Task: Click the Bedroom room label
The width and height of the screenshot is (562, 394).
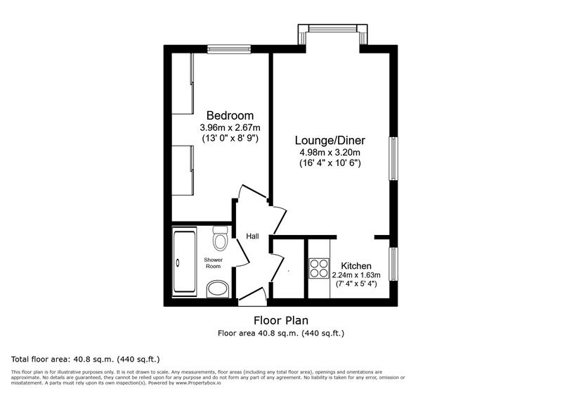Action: (x=230, y=115)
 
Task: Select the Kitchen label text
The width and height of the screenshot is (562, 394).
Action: (x=356, y=265)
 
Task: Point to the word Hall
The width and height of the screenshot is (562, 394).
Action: (x=252, y=236)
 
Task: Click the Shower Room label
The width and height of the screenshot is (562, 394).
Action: (x=213, y=263)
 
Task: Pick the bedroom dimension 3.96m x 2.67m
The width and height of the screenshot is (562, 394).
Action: (x=230, y=127)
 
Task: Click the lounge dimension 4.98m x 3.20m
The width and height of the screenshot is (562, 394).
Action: (x=329, y=152)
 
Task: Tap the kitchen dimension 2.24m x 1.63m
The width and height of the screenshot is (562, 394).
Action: (x=356, y=275)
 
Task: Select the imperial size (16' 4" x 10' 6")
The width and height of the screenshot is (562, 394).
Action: (x=329, y=163)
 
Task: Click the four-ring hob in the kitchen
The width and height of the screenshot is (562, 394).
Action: (x=319, y=269)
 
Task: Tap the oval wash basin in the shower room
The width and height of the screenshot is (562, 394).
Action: (x=218, y=288)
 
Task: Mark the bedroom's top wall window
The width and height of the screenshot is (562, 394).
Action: (x=230, y=49)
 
